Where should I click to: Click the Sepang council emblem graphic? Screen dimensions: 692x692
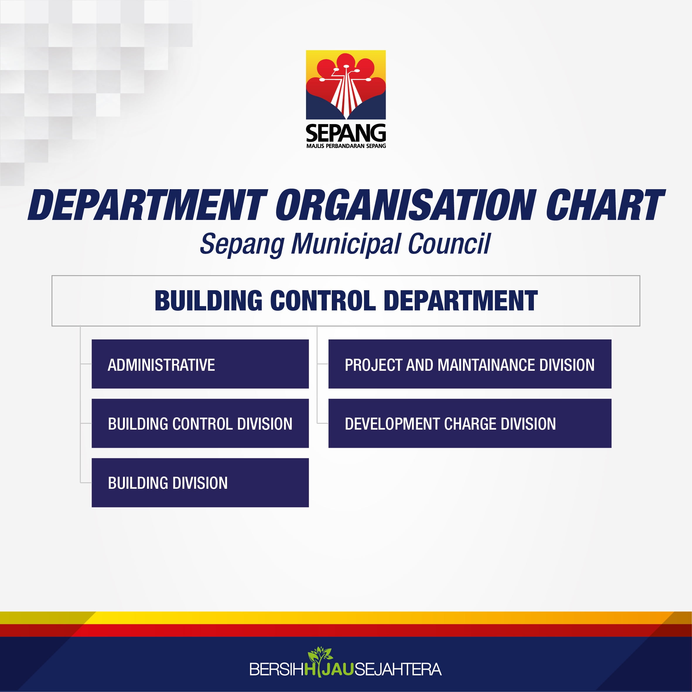(x=346, y=85)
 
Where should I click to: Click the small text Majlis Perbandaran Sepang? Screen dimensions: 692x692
(x=346, y=146)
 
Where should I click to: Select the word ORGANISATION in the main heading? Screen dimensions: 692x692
(x=406, y=205)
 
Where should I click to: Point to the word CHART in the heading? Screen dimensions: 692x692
(x=605, y=205)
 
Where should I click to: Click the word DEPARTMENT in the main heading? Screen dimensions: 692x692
(x=148, y=205)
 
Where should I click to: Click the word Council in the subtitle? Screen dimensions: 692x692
(x=449, y=244)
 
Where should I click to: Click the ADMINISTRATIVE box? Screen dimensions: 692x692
(x=200, y=364)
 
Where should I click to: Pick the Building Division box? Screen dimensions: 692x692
(x=200, y=482)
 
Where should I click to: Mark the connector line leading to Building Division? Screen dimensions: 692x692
(x=86, y=482)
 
